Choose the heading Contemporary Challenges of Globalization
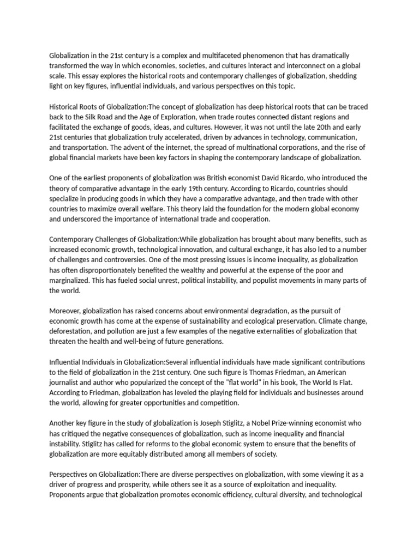click(x=110, y=239)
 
